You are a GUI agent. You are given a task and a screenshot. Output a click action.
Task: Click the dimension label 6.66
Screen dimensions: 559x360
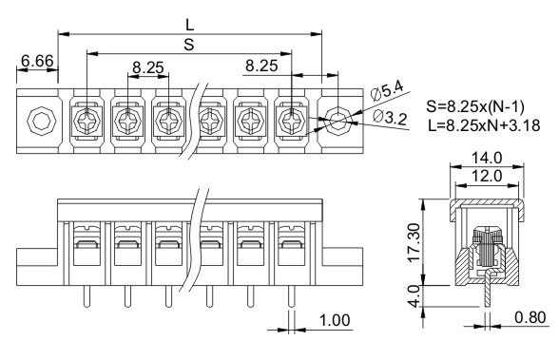pyautogui.click(x=37, y=61)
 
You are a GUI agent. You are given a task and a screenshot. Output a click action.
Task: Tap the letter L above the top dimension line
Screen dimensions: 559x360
pyautogui.click(x=190, y=25)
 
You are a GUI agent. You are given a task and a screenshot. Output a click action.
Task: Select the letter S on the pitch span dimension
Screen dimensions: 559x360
pyautogui.click(x=189, y=45)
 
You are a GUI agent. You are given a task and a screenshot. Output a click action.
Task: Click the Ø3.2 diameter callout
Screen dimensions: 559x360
pyautogui.click(x=390, y=117)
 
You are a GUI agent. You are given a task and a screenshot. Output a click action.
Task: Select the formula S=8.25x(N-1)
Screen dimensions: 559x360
pyautogui.click(x=475, y=106)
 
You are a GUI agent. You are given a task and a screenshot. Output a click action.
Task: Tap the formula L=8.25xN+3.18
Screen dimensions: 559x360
pyautogui.click(x=484, y=125)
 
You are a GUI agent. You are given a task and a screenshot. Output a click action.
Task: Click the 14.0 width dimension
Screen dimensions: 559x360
pyautogui.click(x=487, y=158)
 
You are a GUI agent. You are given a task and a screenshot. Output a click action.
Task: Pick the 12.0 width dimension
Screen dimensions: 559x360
pyautogui.click(x=487, y=176)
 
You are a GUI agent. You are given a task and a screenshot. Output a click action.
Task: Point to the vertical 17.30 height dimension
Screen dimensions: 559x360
pyautogui.click(x=414, y=242)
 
